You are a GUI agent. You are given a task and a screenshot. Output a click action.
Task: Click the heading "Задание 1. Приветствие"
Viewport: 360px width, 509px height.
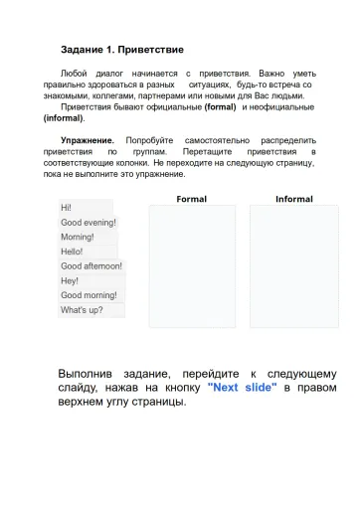[122, 49]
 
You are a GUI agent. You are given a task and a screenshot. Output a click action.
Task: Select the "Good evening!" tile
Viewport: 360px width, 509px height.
[89, 223]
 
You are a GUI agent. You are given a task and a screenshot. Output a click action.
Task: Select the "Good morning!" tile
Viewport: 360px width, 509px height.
[89, 295]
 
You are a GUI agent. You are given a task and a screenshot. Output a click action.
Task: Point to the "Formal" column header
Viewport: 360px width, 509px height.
[191, 199]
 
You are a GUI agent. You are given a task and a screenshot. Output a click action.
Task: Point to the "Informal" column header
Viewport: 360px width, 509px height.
[293, 199]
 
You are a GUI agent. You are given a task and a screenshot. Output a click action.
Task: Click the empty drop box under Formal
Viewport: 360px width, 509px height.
[192, 266]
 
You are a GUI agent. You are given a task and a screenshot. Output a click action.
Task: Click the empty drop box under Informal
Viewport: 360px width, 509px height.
[293, 266]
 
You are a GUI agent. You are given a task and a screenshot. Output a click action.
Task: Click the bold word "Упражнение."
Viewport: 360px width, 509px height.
[88, 141]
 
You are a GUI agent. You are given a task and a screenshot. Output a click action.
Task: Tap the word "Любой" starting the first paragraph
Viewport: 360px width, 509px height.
[74, 75]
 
